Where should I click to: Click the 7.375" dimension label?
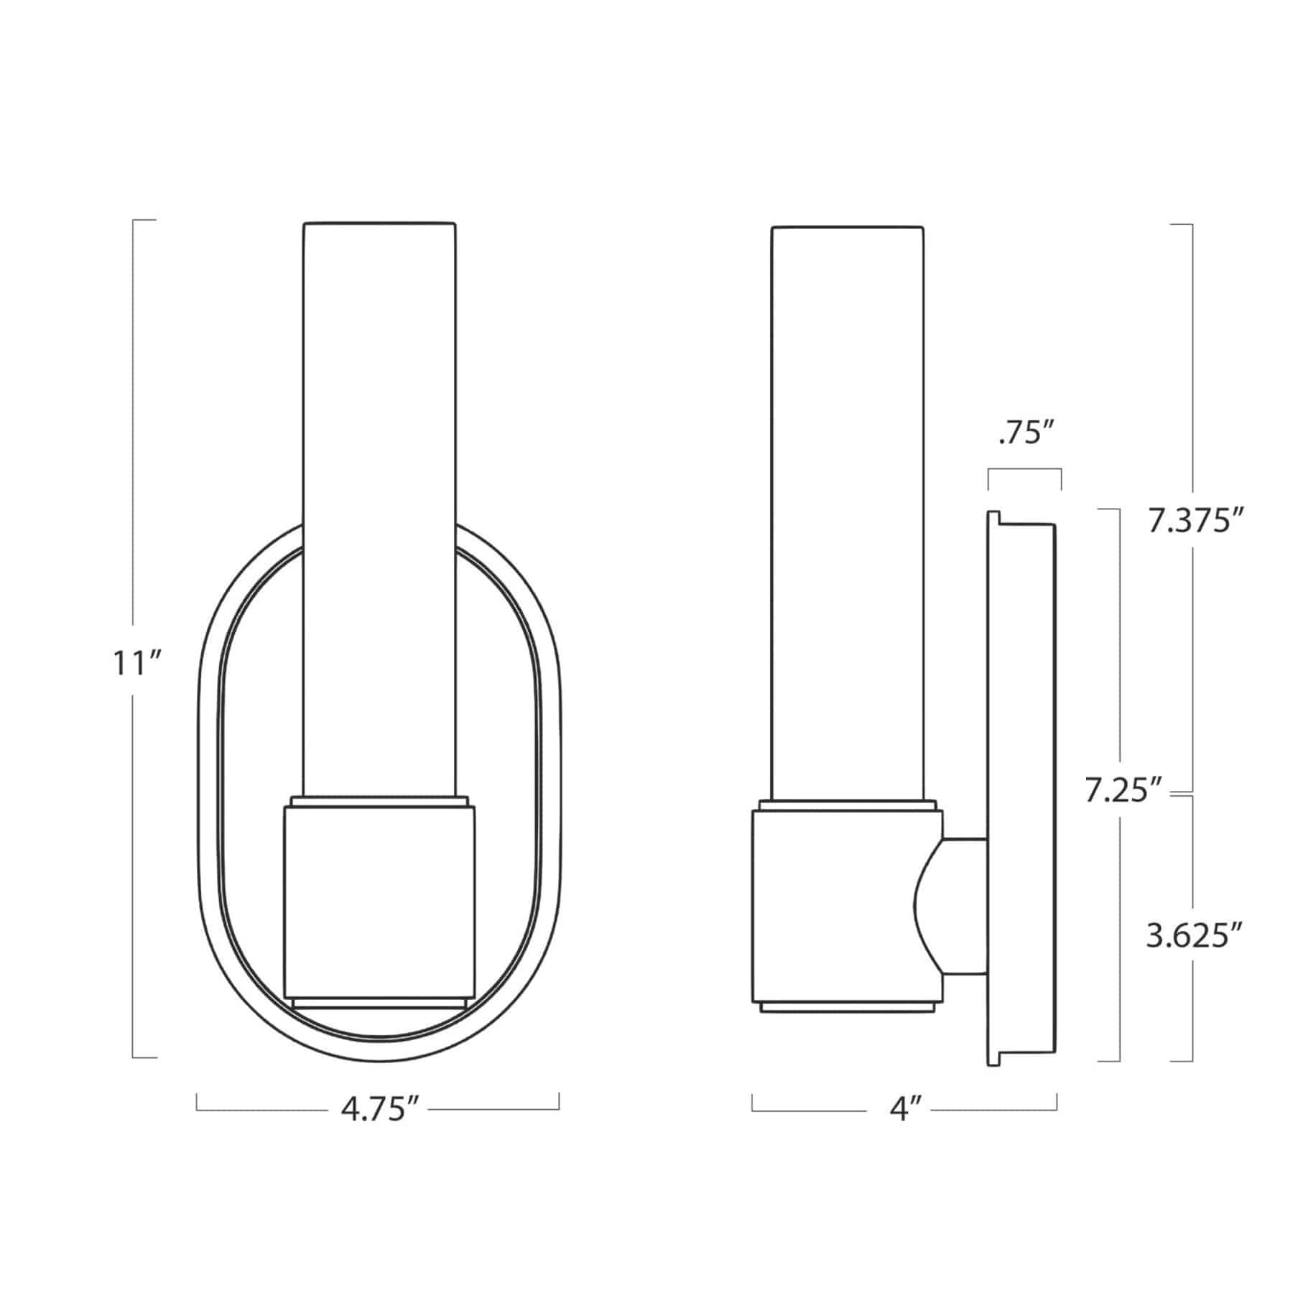coord(1193,522)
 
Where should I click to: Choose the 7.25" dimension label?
coord(1122,791)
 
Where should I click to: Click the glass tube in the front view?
coord(379,503)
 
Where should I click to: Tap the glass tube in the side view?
coord(848,503)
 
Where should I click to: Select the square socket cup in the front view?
coord(379,902)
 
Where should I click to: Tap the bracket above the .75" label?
coord(1024,471)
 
